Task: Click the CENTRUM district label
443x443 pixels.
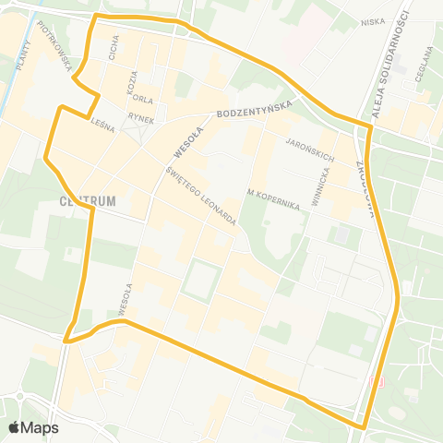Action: [x=86, y=200]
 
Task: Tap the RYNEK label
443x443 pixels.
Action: [x=140, y=117]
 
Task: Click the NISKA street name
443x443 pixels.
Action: [x=373, y=21]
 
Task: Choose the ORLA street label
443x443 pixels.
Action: [x=141, y=98]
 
